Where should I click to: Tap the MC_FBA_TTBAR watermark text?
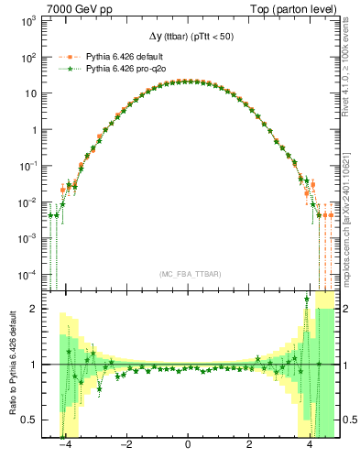pos(188,274)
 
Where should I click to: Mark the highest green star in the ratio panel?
pos(306,299)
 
